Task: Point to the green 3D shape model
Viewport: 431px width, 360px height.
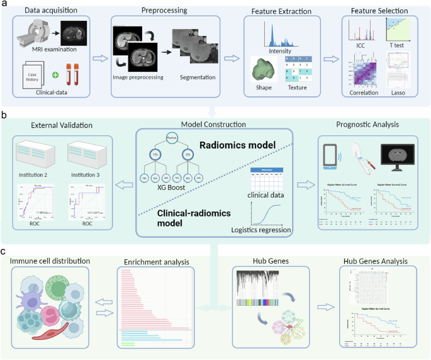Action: click(265, 69)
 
